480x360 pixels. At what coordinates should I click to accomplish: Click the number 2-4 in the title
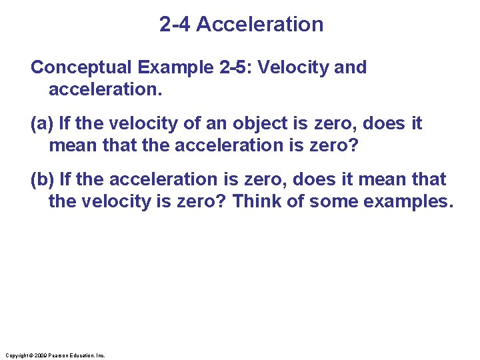(x=175, y=25)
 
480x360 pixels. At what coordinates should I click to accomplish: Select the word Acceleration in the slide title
(x=260, y=25)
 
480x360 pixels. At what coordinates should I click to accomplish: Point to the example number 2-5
(x=231, y=67)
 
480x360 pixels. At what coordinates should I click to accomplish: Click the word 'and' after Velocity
(x=351, y=67)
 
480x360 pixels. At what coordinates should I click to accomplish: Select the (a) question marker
(x=43, y=123)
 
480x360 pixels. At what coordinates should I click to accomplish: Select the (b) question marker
(x=43, y=179)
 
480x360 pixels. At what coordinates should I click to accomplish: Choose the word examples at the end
(x=409, y=201)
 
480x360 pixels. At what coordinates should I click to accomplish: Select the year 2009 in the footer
(x=41, y=355)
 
